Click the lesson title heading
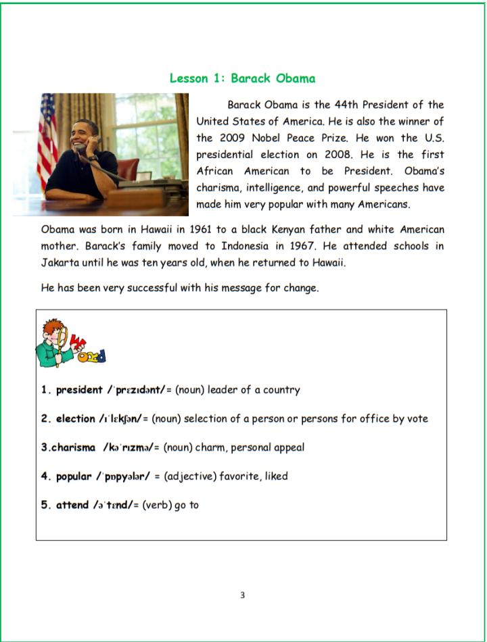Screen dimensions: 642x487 click(x=242, y=78)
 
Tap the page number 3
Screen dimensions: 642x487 click(x=242, y=595)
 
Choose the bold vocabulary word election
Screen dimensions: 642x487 click(x=76, y=419)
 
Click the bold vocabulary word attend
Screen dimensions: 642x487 click(x=72, y=505)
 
